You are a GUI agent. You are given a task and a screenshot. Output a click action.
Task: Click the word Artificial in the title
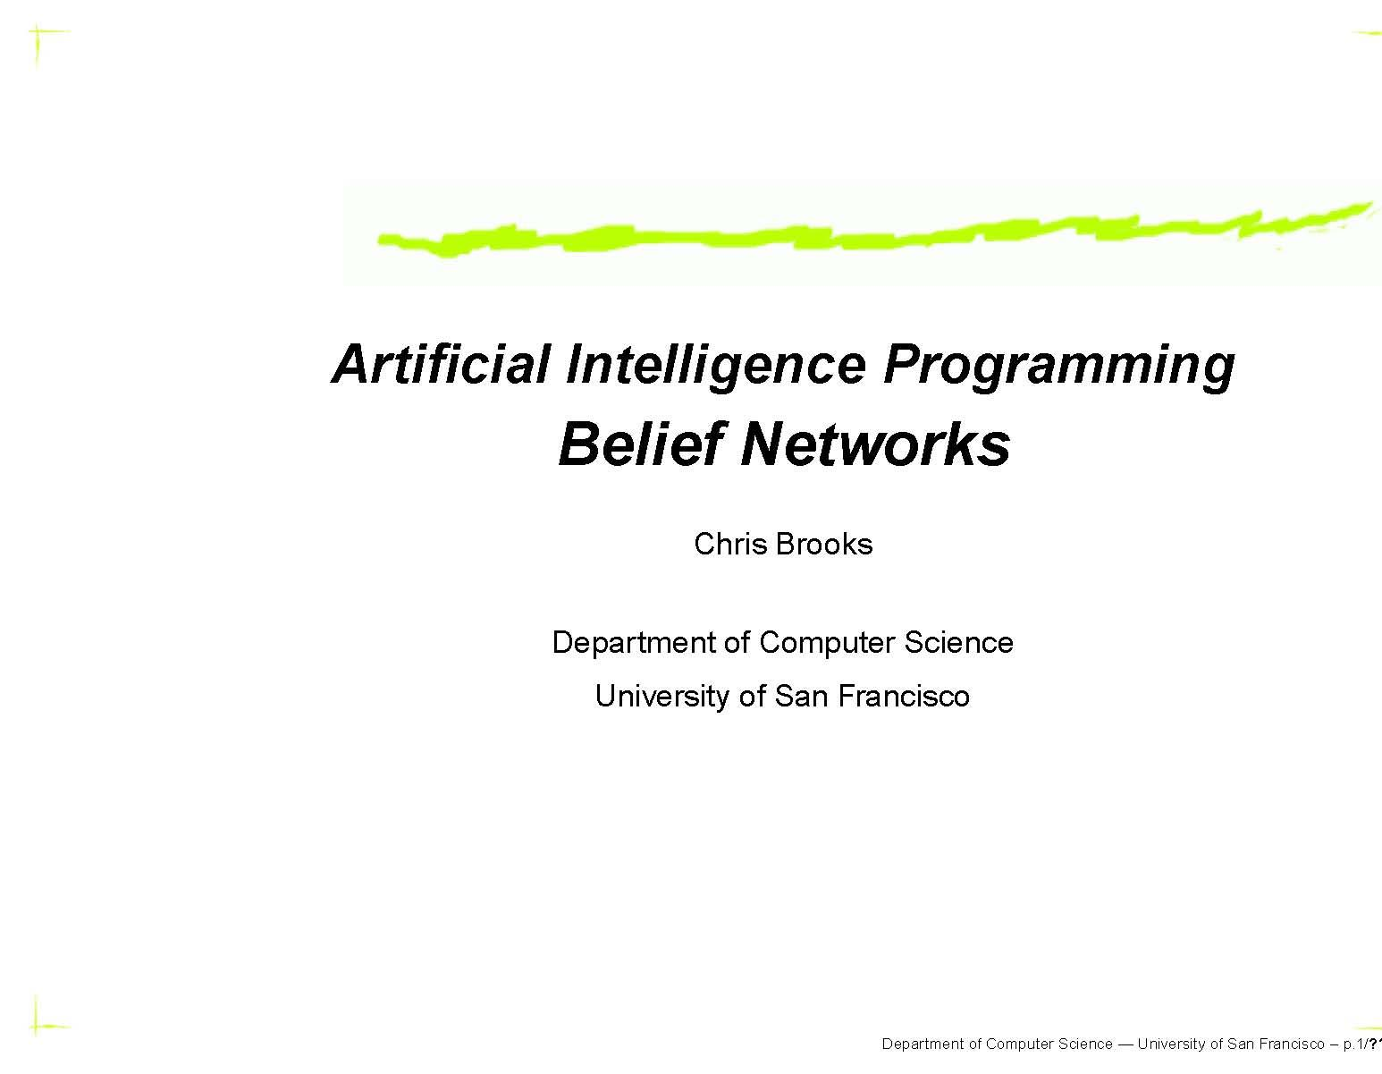pyautogui.click(x=439, y=365)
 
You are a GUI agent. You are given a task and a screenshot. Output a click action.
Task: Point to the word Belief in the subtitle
pyautogui.click(x=639, y=444)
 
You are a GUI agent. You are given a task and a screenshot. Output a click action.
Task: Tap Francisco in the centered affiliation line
pyautogui.click(x=904, y=696)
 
